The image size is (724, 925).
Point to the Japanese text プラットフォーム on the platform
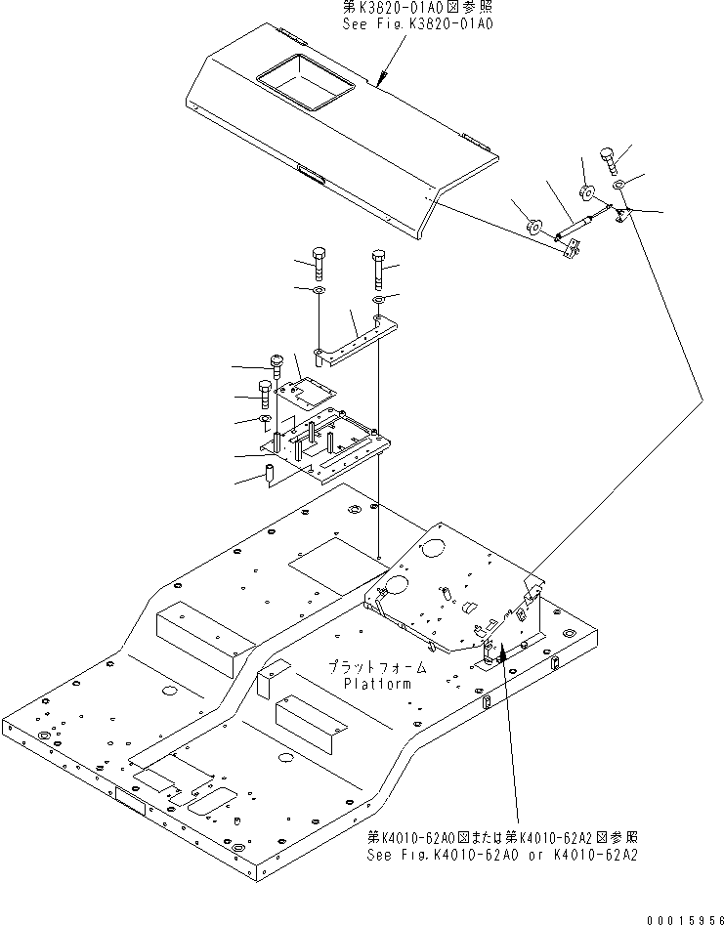tap(377, 667)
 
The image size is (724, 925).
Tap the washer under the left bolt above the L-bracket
tap(320, 291)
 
